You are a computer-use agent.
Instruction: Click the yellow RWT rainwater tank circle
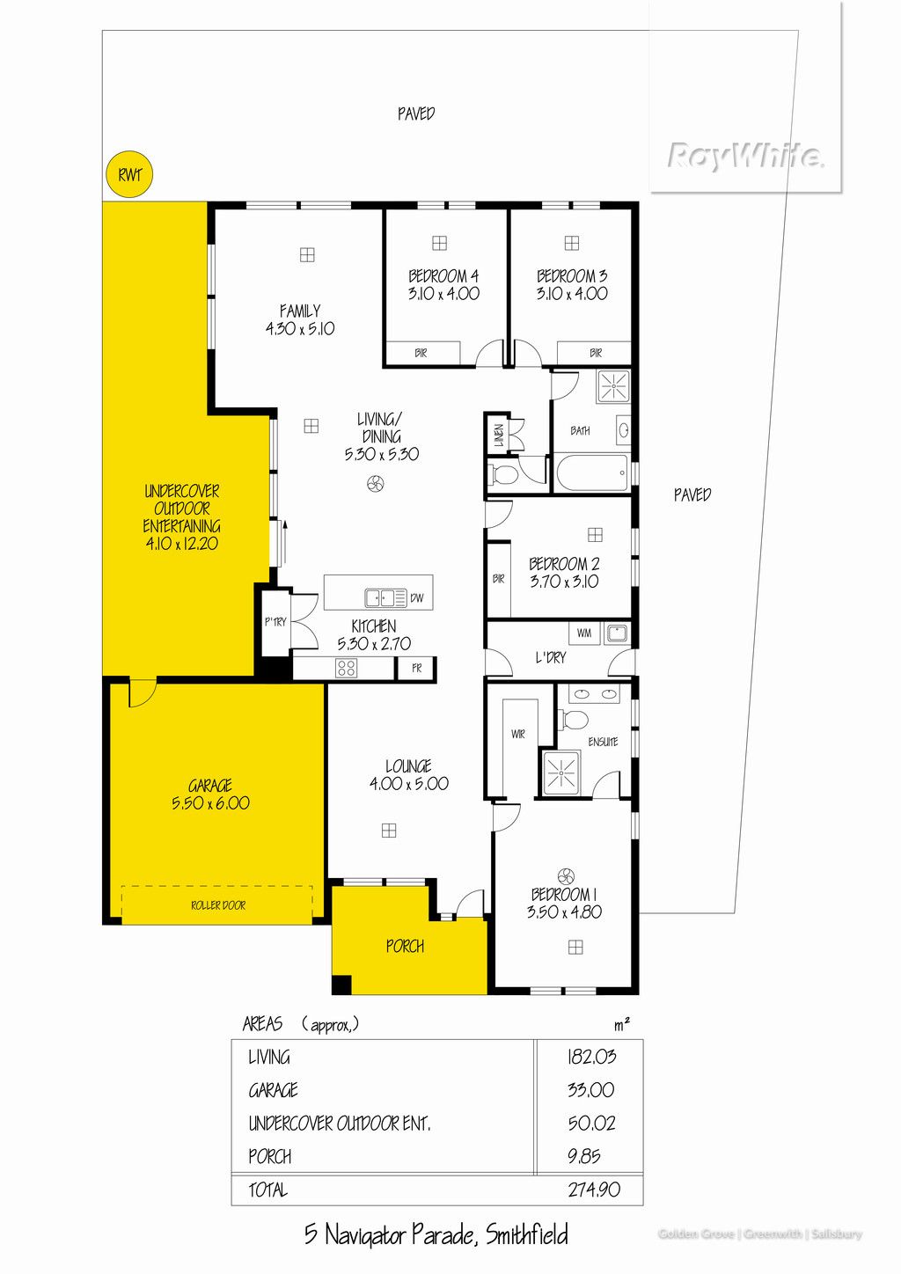click(129, 174)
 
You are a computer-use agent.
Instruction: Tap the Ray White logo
click(746, 155)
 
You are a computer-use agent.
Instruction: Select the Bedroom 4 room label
click(443, 276)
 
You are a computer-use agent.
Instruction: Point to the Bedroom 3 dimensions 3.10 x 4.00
click(572, 294)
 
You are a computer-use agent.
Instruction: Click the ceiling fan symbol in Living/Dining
click(375, 484)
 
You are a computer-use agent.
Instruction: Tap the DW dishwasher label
click(417, 597)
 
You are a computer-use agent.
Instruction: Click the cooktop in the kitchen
click(347, 668)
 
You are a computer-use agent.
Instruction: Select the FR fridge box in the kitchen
click(416, 669)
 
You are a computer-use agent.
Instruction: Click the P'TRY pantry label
click(276, 622)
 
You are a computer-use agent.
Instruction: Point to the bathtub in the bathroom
click(592, 472)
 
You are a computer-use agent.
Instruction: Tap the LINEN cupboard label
click(499, 435)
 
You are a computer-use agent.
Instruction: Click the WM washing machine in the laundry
click(584, 633)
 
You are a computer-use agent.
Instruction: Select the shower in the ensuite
click(560, 772)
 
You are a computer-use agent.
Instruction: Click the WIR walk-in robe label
click(517, 735)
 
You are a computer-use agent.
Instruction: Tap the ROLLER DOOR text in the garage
click(218, 904)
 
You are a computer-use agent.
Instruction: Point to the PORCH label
click(405, 946)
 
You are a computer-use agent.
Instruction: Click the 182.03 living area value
click(591, 1057)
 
